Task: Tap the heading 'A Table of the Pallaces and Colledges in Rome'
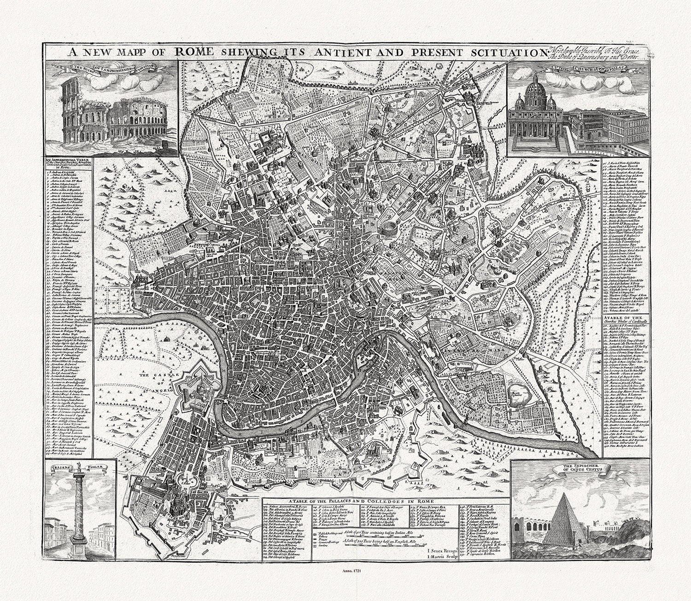pyautogui.click(x=359, y=501)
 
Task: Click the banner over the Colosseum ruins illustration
pyautogui.click(x=112, y=69)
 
